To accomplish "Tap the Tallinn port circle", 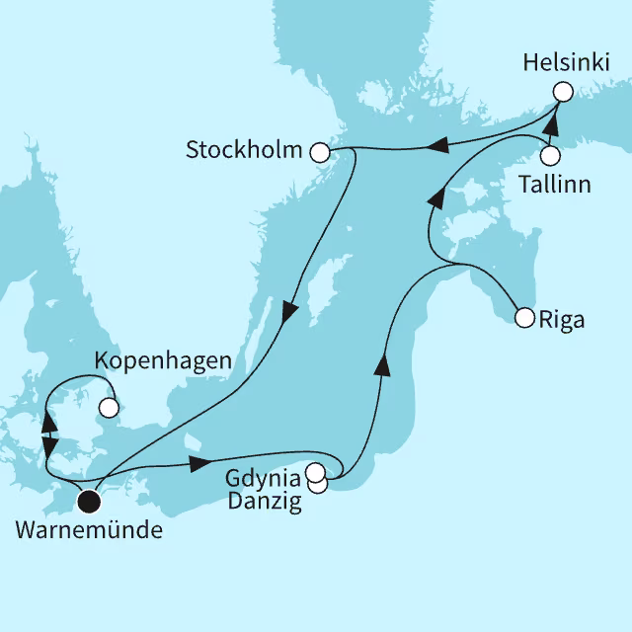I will pyautogui.click(x=551, y=156).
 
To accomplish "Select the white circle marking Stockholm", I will pyautogui.click(x=319, y=152).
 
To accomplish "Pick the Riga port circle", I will pyautogui.click(x=524, y=318).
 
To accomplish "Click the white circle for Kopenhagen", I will pyautogui.click(x=109, y=406).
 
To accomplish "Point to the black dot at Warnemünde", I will pyautogui.click(x=90, y=502).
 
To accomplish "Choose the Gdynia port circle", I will pyautogui.click(x=315, y=472).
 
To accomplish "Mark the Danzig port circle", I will pyautogui.click(x=317, y=484).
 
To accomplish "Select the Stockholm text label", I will pyautogui.click(x=245, y=152).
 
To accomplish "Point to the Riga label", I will pyautogui.click(x=563, y=320).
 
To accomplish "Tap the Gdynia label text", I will pyautogui.click(x=263, y=479).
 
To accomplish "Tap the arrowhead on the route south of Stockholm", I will pyautogui.click(x=289, y=311).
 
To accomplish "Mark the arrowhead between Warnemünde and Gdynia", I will pyautogui.click(x=200, y=462).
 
